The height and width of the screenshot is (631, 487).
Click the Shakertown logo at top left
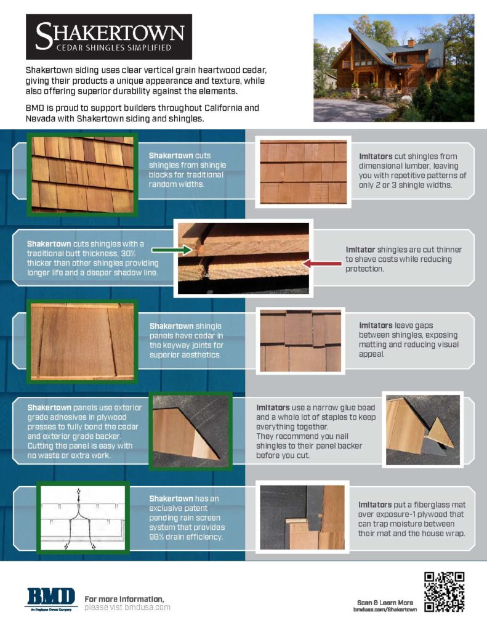[x=108, y=36]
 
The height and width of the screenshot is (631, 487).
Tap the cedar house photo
[x=387, y=68]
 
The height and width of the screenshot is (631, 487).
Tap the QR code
[x=444, y=592]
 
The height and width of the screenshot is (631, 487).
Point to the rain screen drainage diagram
[x=83, y=518]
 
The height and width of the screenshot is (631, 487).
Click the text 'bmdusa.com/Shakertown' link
[x=385, y=609]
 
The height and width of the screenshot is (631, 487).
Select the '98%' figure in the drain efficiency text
[x=158, y=537]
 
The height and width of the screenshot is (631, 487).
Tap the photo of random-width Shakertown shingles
[x=82, y=174]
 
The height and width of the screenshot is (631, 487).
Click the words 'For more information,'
[x=124, y=599]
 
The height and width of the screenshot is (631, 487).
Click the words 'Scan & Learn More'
[x=385, y=601]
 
